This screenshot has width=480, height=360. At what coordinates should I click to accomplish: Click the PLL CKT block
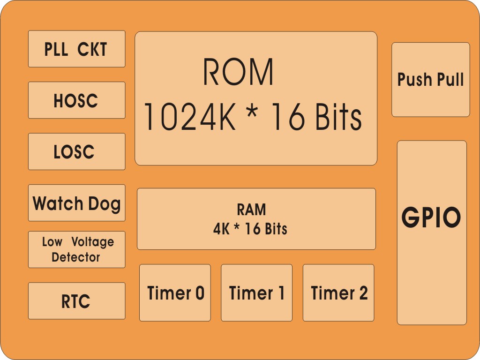pyautogui.click(x=76, y=49)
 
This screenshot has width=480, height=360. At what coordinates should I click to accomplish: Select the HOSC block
pyautogui.click(x=76, y=100)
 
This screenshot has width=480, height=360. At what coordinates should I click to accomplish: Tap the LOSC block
pyautogui.click(x=76, y=151)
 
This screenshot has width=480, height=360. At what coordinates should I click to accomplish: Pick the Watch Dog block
pyautogui.click(x=76, y=202)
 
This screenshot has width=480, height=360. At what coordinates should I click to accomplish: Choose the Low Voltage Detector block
pyautogui.click(x=76, y=249)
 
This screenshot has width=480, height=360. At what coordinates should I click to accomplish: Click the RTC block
pyautogui.click(x=76, y=301)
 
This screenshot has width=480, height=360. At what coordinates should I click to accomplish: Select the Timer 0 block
pyautogui.click(x=175, y=293)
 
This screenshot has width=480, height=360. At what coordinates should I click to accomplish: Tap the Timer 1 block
pyautogui.click(x=256, y=293)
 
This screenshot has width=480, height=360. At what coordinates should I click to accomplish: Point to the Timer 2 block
pyautogui.click(x=338, y=293)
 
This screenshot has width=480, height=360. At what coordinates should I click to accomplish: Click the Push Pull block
pyautogui.click(x=430, y=80)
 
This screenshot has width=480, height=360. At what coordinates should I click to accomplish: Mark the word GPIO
pyautogui.click(x=431, y=217)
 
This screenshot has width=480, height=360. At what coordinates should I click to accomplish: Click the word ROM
pyautogui.click(x=238, y=72)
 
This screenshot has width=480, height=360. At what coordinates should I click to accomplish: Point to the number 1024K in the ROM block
pyautogui.click(x=189, y=117)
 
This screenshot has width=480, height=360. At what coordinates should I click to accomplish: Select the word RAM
pyautogui.click(x=251, y=210)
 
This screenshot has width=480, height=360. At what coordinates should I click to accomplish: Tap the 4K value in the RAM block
pyautogui.click(x=221, y=229)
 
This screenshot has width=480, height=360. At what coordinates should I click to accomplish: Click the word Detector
pyautogui.click(x=76, y=257)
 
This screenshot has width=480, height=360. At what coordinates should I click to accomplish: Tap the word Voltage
pyautogui.click(x=93, y=242)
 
